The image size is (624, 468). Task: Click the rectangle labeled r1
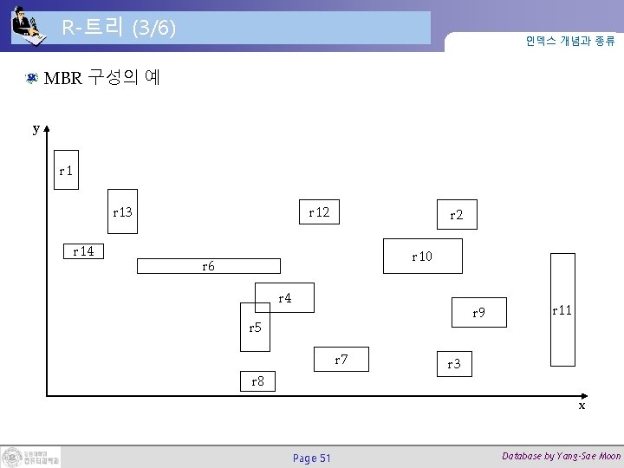coord(64,172)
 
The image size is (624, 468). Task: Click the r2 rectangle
coord(455,216)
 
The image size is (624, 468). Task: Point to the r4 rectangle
coord(284,297)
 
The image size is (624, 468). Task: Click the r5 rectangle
coord(256,327)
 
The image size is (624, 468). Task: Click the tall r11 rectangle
coord(562,309)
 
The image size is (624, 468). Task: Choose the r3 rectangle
coord(454,364)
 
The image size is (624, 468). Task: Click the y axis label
coord(36,128)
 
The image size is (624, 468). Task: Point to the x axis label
coord(582,405)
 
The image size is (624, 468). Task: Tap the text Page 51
coord(312,458)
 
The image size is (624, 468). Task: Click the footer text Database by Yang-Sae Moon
coord(561,456)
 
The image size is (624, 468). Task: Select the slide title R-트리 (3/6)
coord(119,28)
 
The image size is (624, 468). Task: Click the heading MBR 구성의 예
coord(101,78)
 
